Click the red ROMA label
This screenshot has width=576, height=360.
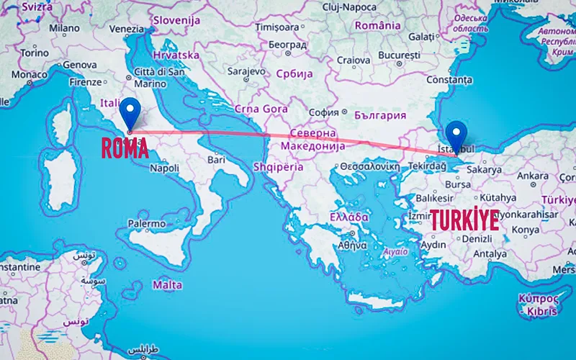coord(125,148)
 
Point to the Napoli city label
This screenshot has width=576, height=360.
coord(164,168)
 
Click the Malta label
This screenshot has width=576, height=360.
coord(167,285)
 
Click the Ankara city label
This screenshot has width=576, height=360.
coord(534,176)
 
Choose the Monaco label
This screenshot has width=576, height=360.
coord(30,74)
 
